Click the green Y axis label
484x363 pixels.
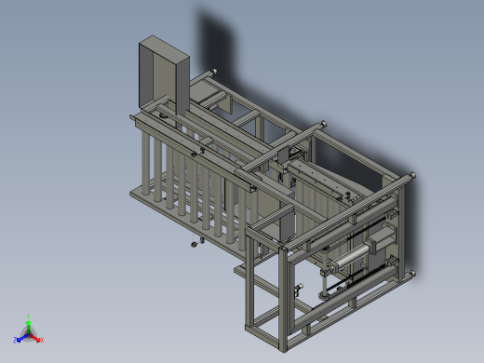[30, 316]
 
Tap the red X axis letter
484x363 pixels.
[42, 340]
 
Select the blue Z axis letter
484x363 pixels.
[16, 340]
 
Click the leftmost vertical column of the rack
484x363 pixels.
[146, 163]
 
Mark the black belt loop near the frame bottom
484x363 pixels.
[331, 294]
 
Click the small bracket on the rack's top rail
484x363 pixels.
[196, 152]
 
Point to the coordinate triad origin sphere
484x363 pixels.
[29, 331]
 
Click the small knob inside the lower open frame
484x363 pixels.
[298, 292]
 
